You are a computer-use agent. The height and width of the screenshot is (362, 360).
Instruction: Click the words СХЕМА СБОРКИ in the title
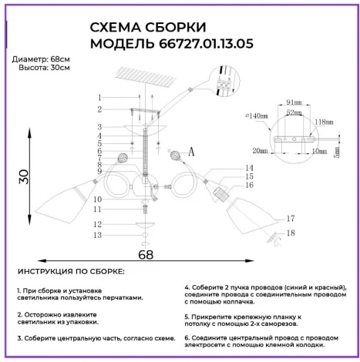[143, 27]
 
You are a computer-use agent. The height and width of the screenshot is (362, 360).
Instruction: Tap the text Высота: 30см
[43, 68]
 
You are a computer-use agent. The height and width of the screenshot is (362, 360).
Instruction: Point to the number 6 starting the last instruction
[187, 337]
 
